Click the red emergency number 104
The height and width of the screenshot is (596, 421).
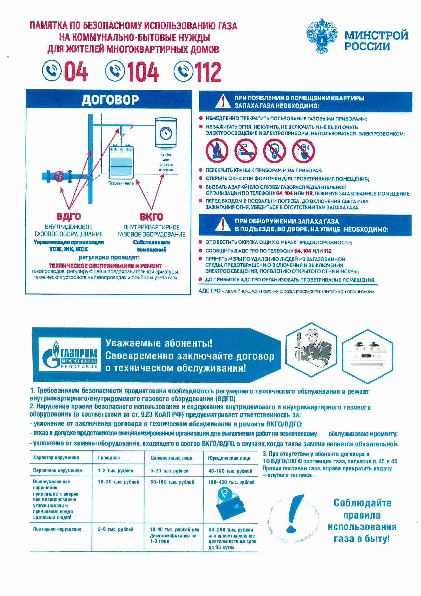pyautogui.click(x=143, y=71)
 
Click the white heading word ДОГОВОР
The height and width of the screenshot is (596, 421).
pyautogui.click(x=110, y=100)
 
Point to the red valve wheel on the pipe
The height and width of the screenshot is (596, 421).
pyautogui.click(x=59, y=176)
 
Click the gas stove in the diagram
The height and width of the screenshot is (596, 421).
pyautogui.click(x=121, y=162)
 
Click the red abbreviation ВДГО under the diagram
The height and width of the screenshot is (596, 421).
pyautogui.click(x=69, y=216)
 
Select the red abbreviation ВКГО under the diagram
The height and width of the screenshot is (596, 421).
pyautogui.click(x=152, y=216)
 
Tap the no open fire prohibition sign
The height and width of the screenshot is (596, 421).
pyautogui.click(x=217, y=151)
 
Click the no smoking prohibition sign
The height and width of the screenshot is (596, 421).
pyautogui.click(x=246, y=151)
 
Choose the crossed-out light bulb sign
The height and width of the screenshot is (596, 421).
pyautogui.click(x=275, y=151)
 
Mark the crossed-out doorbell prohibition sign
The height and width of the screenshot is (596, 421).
pyautogui.click(x=303, y=151)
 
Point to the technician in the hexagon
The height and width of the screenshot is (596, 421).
pyautogui.click(x=311, y=349)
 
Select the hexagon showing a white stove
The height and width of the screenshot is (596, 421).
pyautogui.click(x=368, y=356)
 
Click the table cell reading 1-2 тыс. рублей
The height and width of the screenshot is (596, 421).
pyautogui.click(x=115, y=471)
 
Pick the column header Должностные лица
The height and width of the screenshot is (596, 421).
pyautogui.click(x=171, y=458)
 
